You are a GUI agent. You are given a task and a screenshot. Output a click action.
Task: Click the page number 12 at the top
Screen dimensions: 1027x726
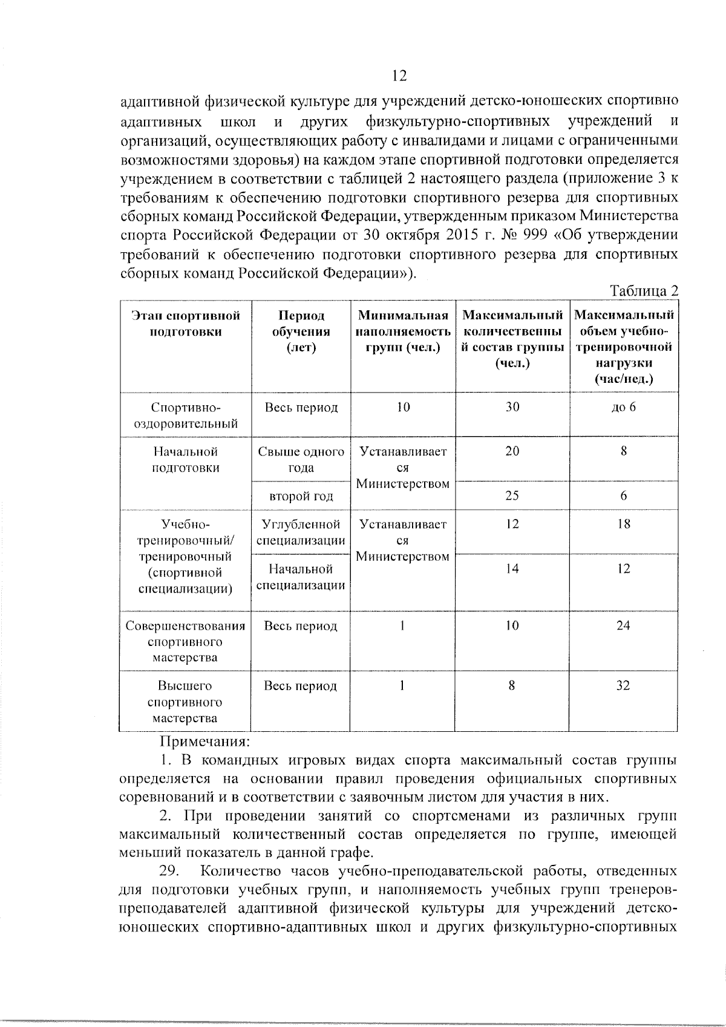coord(399,76)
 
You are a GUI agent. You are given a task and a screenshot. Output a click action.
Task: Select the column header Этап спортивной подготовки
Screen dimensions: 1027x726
coord(186,324)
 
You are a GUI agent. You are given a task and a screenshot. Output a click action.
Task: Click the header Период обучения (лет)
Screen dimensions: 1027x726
coord(301,331)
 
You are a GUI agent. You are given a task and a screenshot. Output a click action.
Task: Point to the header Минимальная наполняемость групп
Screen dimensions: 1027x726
coord(403,331)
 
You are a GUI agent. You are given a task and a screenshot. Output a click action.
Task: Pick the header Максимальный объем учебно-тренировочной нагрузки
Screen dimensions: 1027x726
coord(623,347)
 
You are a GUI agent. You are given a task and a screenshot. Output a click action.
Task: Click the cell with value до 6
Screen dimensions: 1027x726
coord(623,407)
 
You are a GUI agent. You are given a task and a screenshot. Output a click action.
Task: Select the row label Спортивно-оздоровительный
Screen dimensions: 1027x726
coord(186,415)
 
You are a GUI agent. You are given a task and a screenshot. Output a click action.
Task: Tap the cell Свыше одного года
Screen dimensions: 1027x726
coord(301,460)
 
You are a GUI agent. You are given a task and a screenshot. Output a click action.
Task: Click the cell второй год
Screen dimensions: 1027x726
coord(301,497)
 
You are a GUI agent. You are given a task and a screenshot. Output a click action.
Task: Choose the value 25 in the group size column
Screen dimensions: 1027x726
coord(512,496)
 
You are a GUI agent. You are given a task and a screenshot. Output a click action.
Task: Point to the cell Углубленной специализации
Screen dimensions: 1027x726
coord(301,532)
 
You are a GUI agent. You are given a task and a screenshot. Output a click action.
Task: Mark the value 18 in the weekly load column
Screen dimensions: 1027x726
coord(623,524)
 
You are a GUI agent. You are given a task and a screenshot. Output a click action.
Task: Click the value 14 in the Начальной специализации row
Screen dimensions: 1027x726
coord(512,569)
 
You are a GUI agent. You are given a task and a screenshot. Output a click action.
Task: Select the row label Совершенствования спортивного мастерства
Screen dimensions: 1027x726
coord(186,642)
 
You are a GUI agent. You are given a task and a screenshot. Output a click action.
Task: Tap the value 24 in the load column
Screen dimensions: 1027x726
coord(623,626)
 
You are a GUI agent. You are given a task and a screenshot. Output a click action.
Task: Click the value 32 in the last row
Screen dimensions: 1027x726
coord(623,686)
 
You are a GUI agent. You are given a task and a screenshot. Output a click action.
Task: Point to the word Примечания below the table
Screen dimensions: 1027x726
coord(204,741)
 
